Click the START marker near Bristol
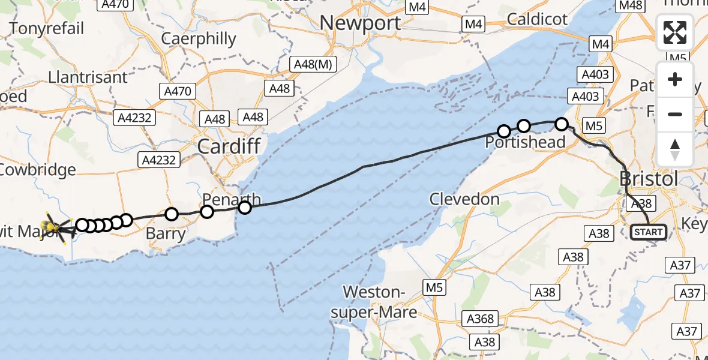pos(649,232)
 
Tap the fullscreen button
pos(675,32)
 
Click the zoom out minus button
pos(675,114)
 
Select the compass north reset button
pos(675,148)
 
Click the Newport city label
pos(360,23)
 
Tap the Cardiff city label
pos(229,146)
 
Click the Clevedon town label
pos(465,199)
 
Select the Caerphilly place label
pos(199,40)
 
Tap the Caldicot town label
pos(537,19)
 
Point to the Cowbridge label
pos(38,169)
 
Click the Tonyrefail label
pos(47,28)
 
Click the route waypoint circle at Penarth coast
pos(245,208)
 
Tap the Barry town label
pos(166,233)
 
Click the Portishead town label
pos(526,142)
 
